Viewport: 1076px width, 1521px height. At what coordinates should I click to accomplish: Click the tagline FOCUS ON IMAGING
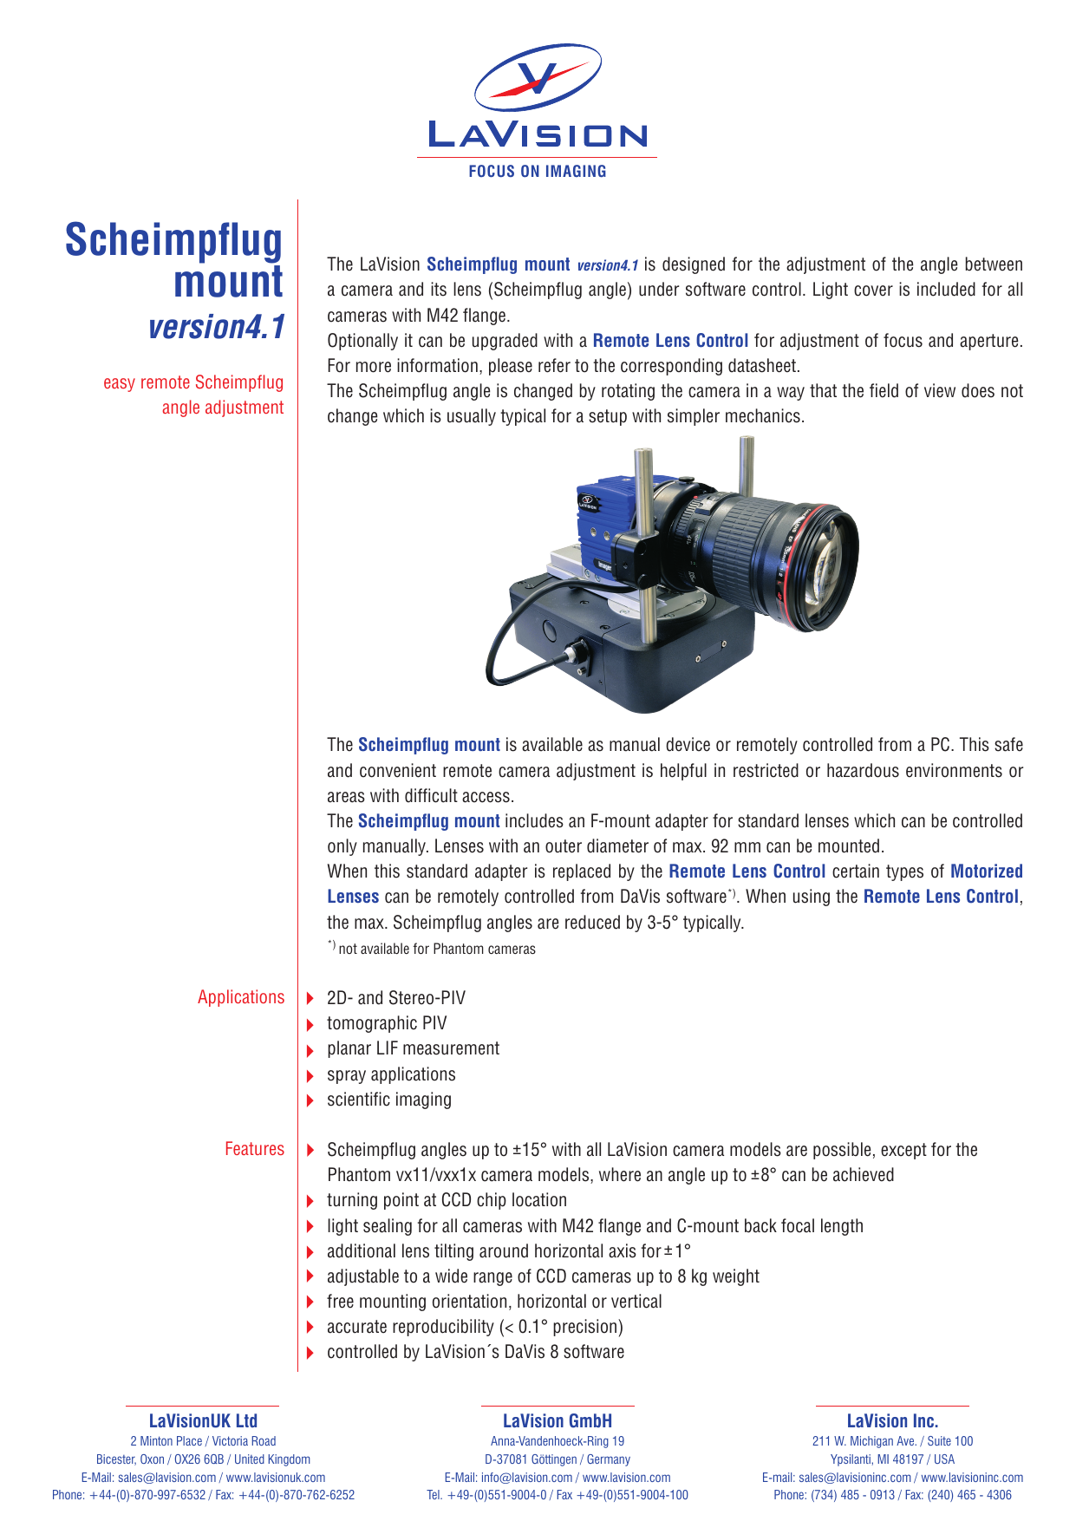click(538, 172)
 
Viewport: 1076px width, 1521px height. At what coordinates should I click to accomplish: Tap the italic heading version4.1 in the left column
click(216, 327)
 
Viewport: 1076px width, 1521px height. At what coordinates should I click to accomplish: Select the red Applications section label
click(241, 997)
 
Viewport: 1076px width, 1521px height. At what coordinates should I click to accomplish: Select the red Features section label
click(254, 1149)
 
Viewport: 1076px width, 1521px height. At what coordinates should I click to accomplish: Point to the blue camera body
click(607, 520)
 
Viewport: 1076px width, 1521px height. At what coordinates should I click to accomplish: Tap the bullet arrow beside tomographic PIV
click(310, 1025)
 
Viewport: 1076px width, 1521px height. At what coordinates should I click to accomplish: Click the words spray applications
click(391, 1074)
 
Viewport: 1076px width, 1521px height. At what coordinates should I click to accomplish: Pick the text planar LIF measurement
click(413, 1048)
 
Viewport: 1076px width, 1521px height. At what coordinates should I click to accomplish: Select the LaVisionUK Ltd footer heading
click(203, 1420)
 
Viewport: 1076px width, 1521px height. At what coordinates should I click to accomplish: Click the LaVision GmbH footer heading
click(558, 1420)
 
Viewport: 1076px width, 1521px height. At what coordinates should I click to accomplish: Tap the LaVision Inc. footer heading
click(892, 1420)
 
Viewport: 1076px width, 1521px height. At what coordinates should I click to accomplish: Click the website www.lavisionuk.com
click(276, 1478)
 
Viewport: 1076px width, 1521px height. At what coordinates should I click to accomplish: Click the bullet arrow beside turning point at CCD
click(310, 1201)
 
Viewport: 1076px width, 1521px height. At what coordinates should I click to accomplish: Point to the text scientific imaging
click(389, 1100)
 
